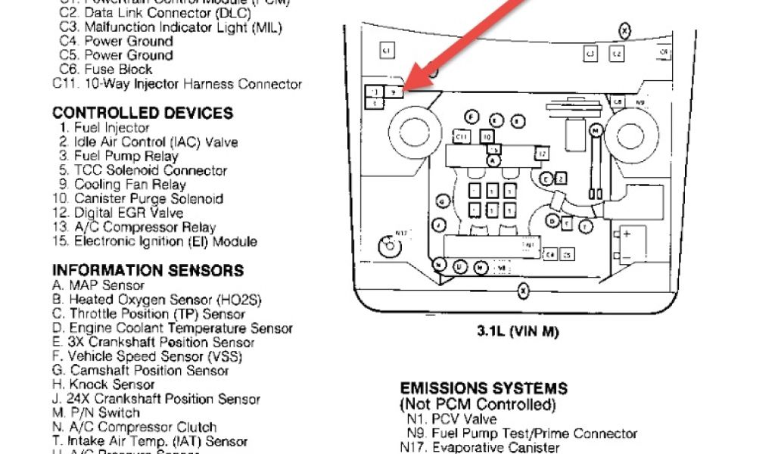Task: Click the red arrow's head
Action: click(x=409, y=85)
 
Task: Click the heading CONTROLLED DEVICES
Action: click(x=142, y=113)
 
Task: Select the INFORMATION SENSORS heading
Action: click(x=148, y=270)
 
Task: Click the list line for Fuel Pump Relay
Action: click(x=119, y=156)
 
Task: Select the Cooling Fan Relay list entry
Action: click(x=129, y=185)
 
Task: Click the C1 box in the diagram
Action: click(x=385, y=51)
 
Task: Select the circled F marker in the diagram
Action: click(x=472, y=116)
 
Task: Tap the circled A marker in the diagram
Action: click(x=493, y=160)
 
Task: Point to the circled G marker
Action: click(x=440, y=201)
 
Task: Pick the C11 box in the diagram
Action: click(x=462, y=136)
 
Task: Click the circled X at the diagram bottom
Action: click(x=522, y=290)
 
